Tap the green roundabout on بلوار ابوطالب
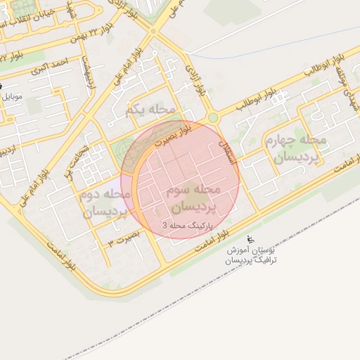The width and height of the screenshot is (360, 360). pyautogui.click(x=212, y=118)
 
